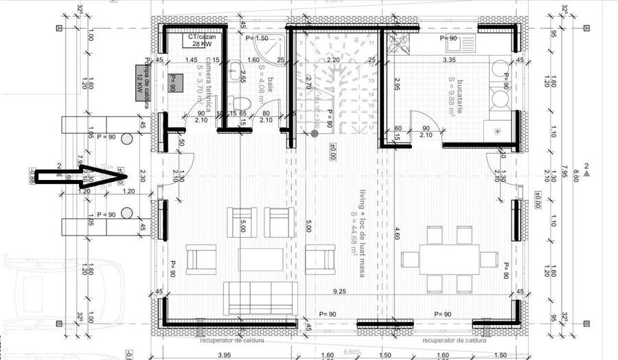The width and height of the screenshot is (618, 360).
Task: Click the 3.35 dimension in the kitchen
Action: pyautogui.click(x=449, y=60)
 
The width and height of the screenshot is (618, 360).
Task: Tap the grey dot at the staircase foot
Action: pyautogui.click(x=314, y=133)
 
